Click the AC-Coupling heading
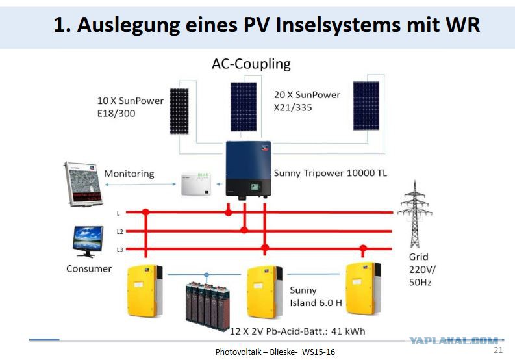251,64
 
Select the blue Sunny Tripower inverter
248,170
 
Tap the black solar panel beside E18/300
179,111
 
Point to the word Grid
418,257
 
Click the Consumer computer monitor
88,241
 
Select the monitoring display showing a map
83,184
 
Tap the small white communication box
196,184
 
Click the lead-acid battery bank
208,306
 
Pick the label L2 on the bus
120,232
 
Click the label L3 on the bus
120,250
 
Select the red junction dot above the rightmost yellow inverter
363,248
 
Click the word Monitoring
129,174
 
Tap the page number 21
498,350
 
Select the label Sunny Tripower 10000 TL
331,173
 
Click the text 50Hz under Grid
420,282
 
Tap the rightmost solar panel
366,106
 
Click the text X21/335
293,107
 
